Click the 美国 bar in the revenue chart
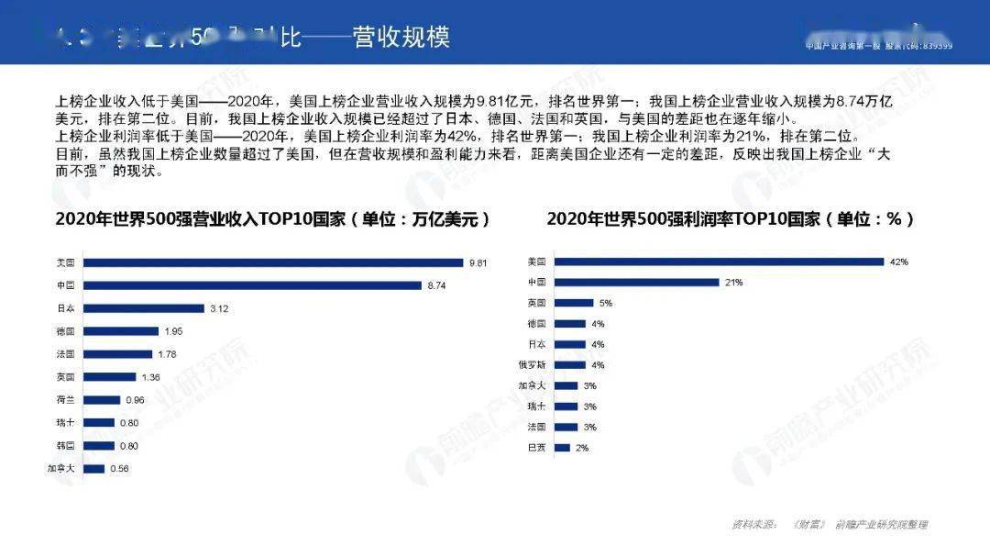pyautogui.click(x=274, y=262)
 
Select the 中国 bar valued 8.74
pyautogui.click(x=252, y=285)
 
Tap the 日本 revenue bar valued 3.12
pyautogui.click(x=143, y=308)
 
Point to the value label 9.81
pyautogui.click(x=478, y=262)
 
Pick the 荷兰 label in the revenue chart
pyautogui.click(x=66, y=400)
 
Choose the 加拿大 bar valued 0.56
pyautogui.click(x=93, y=469)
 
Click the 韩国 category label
pyautogui.click(x=66, y=446)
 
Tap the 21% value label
pyautogui.click(x=733, y=283)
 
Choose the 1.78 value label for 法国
pyautogui.click(x=167, y=354)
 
